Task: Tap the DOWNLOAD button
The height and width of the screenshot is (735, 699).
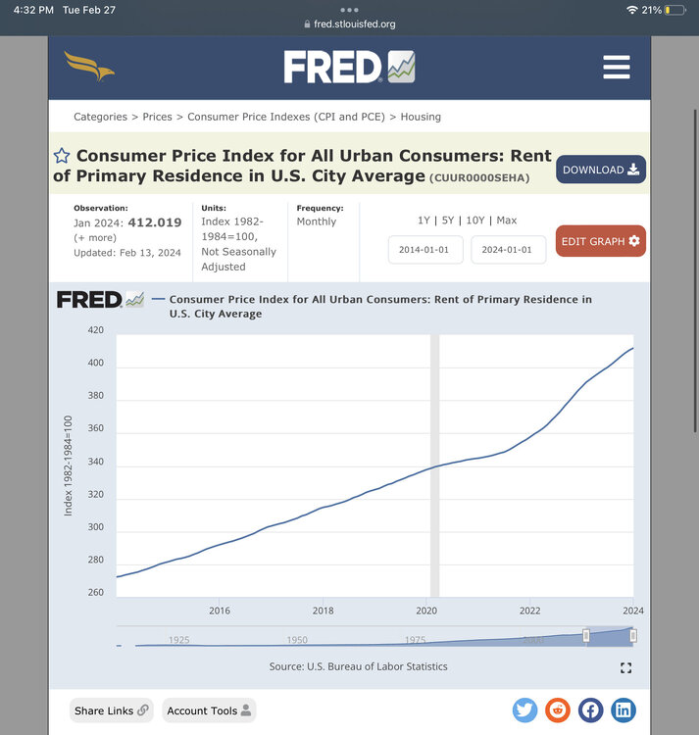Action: (600, 170)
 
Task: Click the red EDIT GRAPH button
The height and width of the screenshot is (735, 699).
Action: (600, 241)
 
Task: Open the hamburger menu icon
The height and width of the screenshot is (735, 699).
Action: (616, 67)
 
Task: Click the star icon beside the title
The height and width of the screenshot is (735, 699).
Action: (62, 156)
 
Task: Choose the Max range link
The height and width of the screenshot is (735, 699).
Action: (507, 220)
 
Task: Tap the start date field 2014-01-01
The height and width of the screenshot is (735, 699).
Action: (424, 250)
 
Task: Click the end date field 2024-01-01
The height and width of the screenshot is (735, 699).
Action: (507, 250)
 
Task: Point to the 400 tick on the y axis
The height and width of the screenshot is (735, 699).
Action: (95, 364)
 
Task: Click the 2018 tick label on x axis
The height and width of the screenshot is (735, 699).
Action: (323, 611)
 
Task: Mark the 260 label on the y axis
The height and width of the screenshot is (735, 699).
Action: (95, 593)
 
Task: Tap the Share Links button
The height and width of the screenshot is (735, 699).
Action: (112, 710)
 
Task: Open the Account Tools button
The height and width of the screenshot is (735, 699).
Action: (209, 710)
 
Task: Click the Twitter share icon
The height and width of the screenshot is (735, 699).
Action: (524, 710)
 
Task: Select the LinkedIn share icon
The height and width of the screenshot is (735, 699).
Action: (623, 710)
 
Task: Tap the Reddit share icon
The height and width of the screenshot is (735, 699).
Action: (557, 710)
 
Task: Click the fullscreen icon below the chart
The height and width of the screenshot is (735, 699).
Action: (625, 668)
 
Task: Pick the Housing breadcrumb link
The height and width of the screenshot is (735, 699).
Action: (421, 117)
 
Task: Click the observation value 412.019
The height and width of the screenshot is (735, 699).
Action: (155, 222)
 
